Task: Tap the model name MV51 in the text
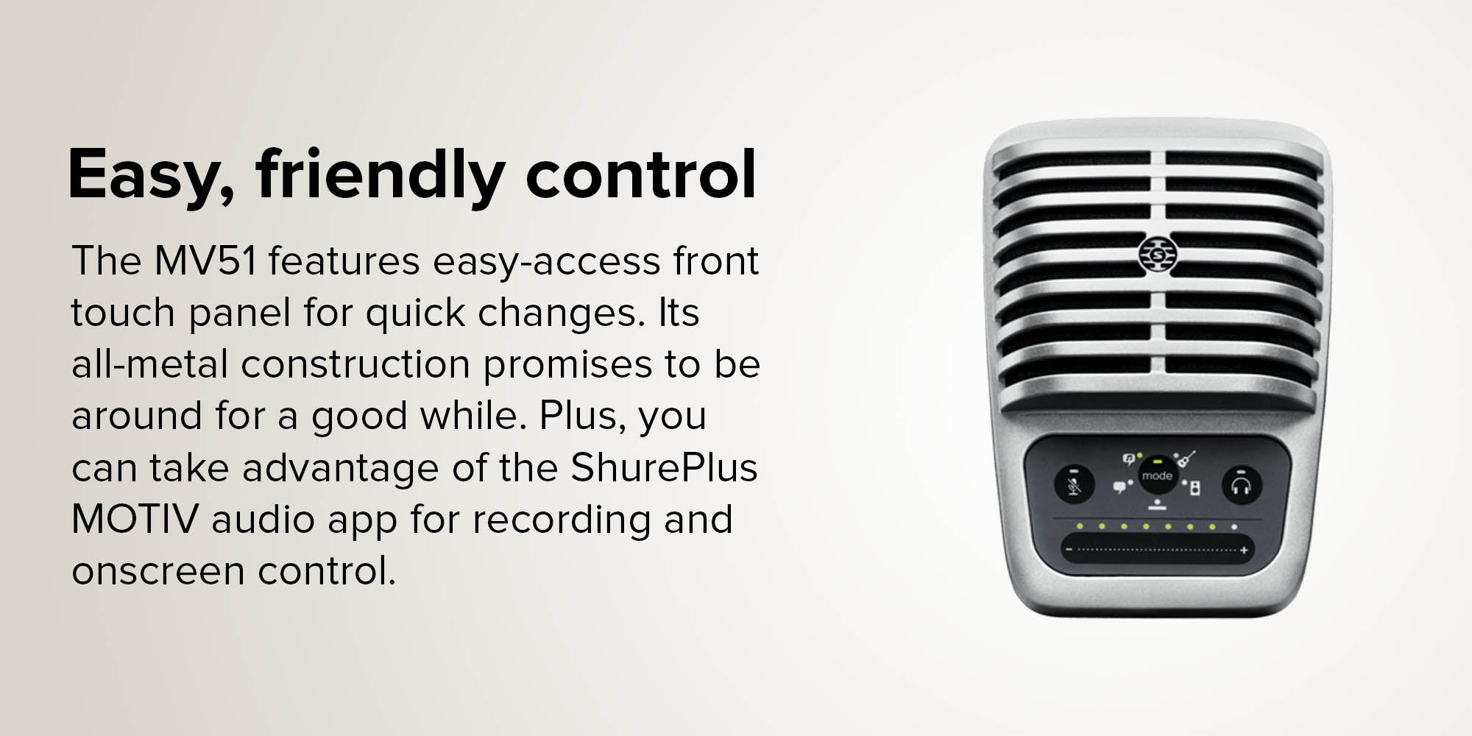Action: pos(205,261)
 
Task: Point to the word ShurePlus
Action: pos(664,467)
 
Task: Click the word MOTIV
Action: pos(135,519)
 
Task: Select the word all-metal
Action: pos(149,364)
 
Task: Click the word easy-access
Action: pos(547,262)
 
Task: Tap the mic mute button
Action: pos(1074,485)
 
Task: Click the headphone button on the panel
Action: pos(1242,486)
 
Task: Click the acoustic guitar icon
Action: pos(1186,460)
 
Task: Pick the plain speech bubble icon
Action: pos(1119,486)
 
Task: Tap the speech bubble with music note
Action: pos(1128,460)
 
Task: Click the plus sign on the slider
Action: pos(1244,550)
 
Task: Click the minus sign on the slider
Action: pos(1069,550)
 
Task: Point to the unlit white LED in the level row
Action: pos(1234,527)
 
